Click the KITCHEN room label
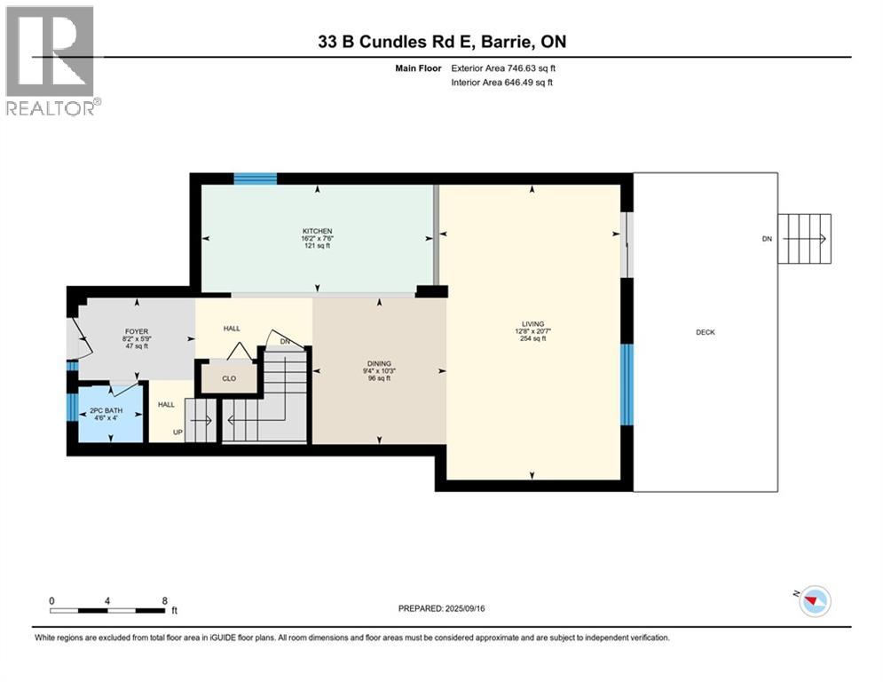point(317,231)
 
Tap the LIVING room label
point(532,324)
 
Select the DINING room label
point(379,363)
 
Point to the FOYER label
point(137,331)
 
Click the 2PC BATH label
point(106,411)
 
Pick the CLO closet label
point(229,378)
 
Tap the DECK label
point(705,332)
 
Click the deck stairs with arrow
point(804,238)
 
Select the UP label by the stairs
point(177,432)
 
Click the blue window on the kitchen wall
point(255,178)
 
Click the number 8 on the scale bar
point(164,601)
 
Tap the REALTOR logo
point(51,61)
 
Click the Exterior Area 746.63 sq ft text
point(503,68)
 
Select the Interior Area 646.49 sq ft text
point(501,83)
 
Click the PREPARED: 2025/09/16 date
point(442,608)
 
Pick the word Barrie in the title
point(504,42)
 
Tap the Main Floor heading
point(418,68)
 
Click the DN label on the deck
point(767,239)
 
